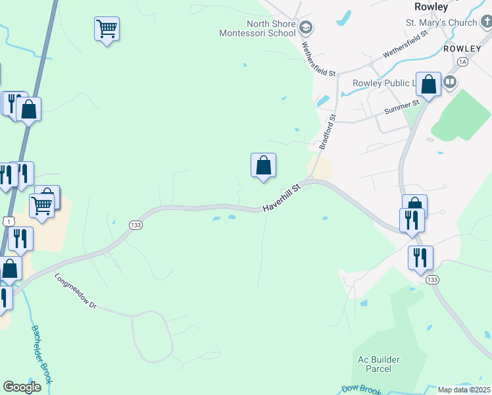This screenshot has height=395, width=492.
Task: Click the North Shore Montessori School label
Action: (x=257, y=28)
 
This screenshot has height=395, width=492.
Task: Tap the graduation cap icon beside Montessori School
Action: (x=305, y=28)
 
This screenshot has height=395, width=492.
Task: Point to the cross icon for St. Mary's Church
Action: (x=486, y=25)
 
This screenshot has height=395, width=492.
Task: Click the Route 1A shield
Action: (x=462, y=62)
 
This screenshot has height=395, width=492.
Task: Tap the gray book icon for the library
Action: (x=450, y=82)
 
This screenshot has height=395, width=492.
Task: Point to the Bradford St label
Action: (x=326, y=132)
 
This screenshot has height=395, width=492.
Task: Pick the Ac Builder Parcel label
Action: (x=379, y=364)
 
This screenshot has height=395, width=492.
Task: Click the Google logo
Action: (x=22, y=387)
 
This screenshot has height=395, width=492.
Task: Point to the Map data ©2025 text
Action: (x=464, y=390)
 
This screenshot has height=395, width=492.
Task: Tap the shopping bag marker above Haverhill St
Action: (x=263, y=165)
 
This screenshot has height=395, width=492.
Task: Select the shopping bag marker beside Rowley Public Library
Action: (x=428, y=84)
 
